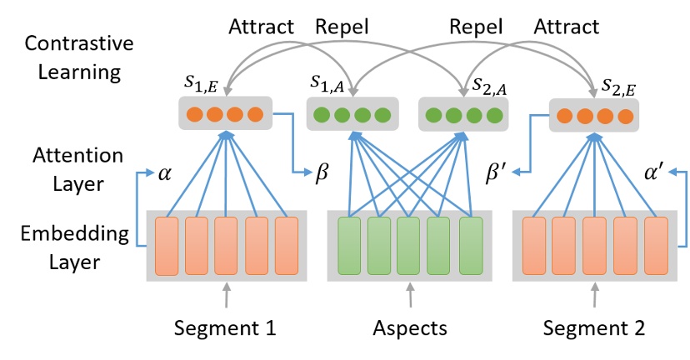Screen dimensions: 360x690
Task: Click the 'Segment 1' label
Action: (225, 328)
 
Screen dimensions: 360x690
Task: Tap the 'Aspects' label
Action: (409, 328)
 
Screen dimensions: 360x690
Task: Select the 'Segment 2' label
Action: (595, 328)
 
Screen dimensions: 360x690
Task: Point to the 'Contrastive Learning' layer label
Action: (73, 56)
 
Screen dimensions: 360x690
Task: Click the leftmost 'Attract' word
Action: (261, 27)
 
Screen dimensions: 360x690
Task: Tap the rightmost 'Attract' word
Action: (566, 27)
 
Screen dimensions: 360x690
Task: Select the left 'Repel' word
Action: (342, 27)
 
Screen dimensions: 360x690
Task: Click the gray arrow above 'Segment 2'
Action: (594, 295)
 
